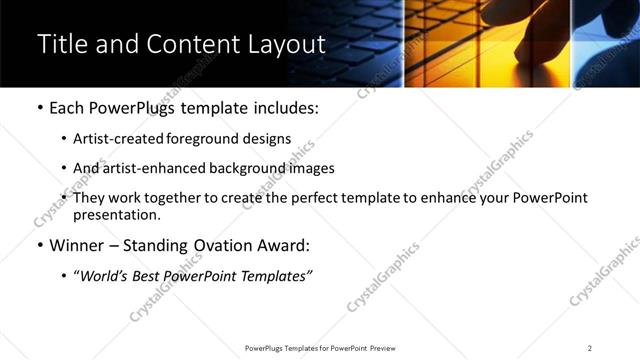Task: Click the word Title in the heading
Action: [62, 45]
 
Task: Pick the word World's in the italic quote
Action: [103, 276]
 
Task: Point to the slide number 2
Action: [590, 348]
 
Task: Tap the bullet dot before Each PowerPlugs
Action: [39, 108]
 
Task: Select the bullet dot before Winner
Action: [39, 245]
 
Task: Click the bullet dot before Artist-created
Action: [65, 139]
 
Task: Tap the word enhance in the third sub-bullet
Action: [449, 199]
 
